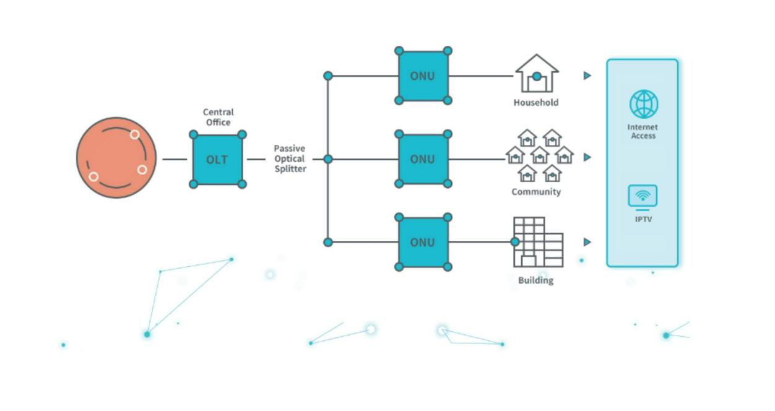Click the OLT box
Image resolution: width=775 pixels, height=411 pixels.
coord(217,159)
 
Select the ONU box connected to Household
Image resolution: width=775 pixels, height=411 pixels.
coord(423,76)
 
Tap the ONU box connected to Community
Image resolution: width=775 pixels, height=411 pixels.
coord(423,159)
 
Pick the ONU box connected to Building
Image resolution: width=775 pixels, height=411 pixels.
coord(423,242)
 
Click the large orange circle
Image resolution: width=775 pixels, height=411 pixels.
coord(116,158)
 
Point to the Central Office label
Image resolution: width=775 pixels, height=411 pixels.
coord(219,117)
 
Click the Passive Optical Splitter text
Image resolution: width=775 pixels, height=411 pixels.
coord(290,159)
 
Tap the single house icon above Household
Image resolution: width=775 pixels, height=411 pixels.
coord(537,74)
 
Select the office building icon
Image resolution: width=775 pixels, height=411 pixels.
coord(538,242)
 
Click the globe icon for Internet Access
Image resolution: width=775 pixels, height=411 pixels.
coord(644,104)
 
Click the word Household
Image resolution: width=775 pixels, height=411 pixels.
coord(536,103)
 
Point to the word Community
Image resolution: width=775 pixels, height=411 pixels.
coord(536,192)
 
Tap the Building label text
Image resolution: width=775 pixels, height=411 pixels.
coord(536,280)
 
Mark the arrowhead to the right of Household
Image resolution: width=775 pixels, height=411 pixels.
coord(587,76)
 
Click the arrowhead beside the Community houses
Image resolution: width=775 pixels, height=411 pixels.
coord(587,157)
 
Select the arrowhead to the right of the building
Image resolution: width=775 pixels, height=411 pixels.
coord(587,242)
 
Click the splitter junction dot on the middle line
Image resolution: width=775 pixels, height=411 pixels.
coord(328,159)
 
